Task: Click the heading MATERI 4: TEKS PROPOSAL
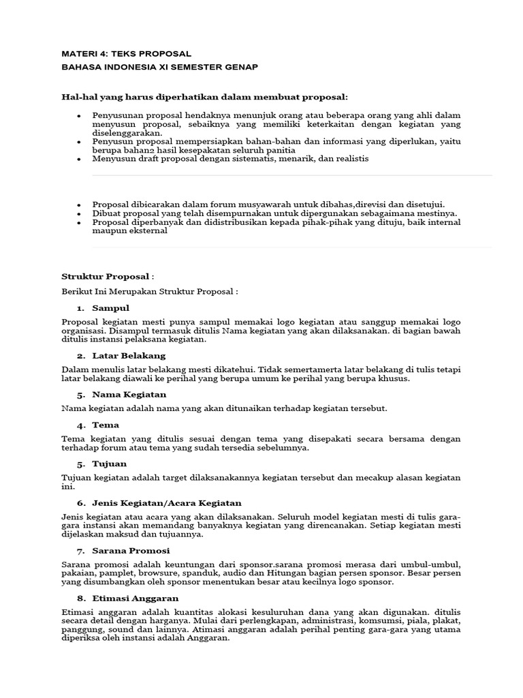[x=126, y=54]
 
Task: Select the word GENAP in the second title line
[x=241, y=67]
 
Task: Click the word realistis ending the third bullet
[x=348, y=158]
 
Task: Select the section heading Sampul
[x=110, y=308]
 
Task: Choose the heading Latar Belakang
[x=129, y=356]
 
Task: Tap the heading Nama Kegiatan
[x=129, y=394]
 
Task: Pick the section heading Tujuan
[x=109, y=464]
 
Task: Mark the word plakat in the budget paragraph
[x=445, y=622]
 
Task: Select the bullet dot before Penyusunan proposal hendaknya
[x=79, y=116]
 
